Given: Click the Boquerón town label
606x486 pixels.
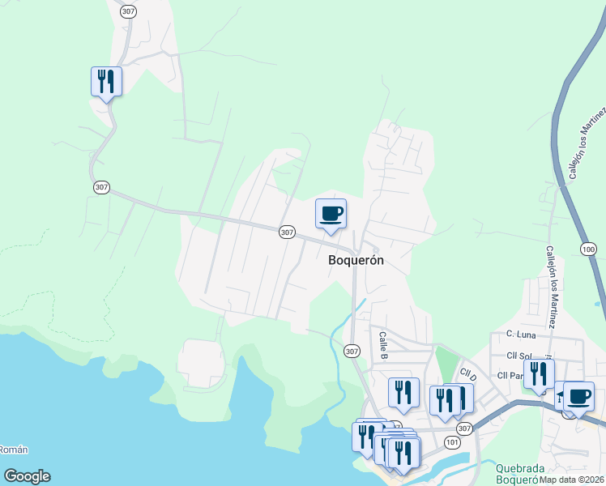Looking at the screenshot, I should pyautogui.click(x=356, y=261).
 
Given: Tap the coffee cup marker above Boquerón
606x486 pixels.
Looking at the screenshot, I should pyautogui.click(x=330, y=214).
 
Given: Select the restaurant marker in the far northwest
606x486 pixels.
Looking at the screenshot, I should pyautogui.click(x=106, y=82).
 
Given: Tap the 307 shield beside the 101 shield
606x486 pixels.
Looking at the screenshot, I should pyautogui.click(x=463, y=428).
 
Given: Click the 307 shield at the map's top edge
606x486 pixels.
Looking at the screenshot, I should pyautogui.click(x=127, y=11).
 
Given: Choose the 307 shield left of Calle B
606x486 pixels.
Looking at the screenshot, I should pyautogui.click(x=351, y=351).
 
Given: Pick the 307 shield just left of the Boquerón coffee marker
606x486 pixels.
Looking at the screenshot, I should pyautogui.click(x=287, y=232).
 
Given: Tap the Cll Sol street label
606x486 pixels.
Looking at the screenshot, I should pyautogui.click(x=522, y=356).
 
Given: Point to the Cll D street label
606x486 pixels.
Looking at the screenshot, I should pyautogui.click(x=467, y=375).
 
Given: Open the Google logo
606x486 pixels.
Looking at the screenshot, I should pyautogui.click(x=27, y=476).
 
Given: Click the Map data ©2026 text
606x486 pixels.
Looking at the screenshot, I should pyautogui.click(x=572, y=480).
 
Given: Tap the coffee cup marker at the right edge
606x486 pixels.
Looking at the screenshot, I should pyautogui.click(x=578, y=397).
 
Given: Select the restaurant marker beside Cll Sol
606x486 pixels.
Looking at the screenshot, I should pyautogui.click(x=537, y=374).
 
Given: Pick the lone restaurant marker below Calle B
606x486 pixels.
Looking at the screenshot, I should pyautogui.click(x=403, y=393).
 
